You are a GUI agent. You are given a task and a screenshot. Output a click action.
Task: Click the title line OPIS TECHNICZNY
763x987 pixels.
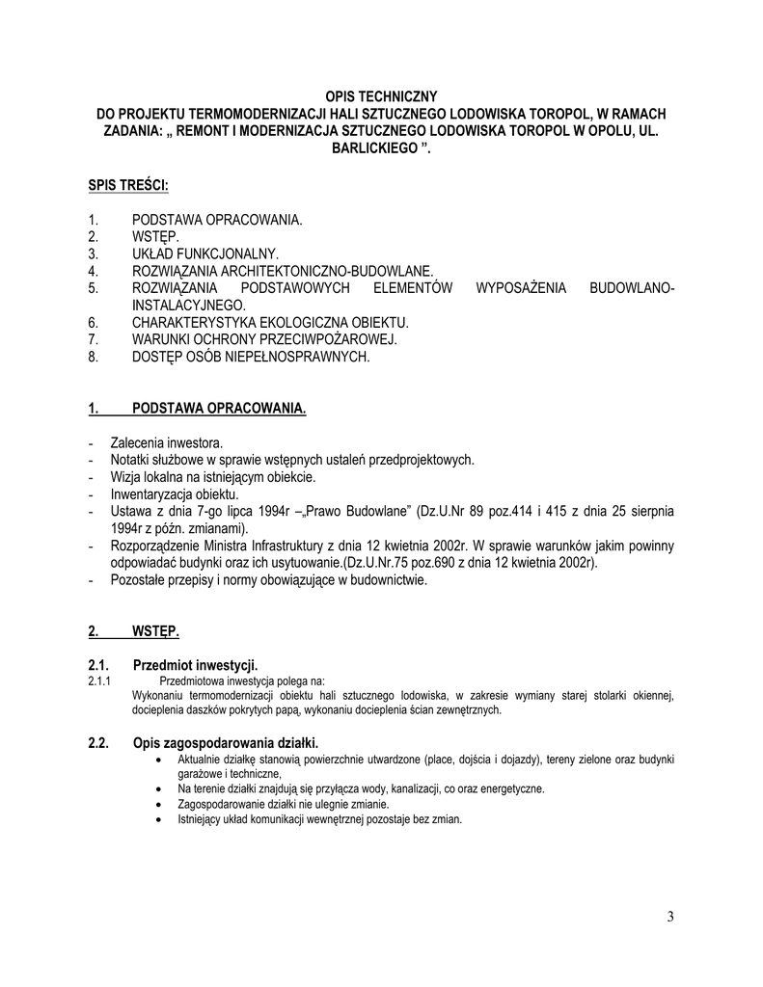click(x=381, y=96)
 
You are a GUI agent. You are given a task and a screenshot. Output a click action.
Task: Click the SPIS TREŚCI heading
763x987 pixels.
click(x=129, y=183)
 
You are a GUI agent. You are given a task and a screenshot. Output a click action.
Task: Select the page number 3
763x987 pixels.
click(x=670, y=916)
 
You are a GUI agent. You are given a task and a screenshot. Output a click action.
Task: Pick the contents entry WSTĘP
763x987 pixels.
click(x=155, y=236)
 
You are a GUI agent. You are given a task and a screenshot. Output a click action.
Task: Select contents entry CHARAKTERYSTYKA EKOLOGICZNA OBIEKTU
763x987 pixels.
click(x=270, y=322)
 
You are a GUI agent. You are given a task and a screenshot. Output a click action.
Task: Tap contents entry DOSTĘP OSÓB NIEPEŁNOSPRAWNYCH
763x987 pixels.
click(x=251, y=357)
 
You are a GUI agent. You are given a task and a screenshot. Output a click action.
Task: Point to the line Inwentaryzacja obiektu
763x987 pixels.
click(x=175, y=493)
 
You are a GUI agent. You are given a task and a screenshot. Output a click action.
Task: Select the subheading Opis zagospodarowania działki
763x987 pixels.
click(x=225, y=742)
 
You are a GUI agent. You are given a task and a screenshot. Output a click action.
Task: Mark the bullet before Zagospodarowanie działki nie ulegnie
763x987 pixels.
click(x=158, y=804)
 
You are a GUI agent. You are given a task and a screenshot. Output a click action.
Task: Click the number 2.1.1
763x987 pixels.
click(x=100, y=680)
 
